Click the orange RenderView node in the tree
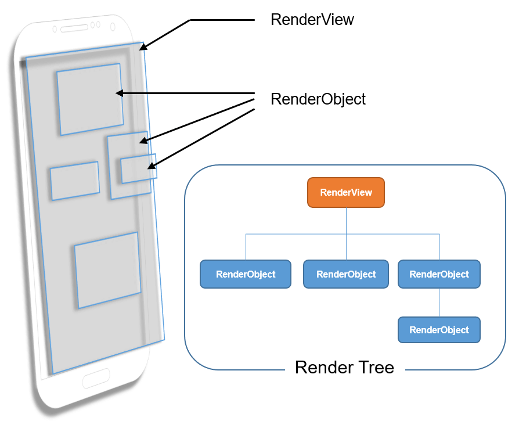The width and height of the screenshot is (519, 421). tap(346, 192)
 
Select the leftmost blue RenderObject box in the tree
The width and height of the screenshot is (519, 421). tap(245, 274)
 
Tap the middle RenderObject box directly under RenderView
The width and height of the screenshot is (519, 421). tap(346, 274)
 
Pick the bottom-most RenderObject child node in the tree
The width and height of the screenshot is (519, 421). tap(439, 330)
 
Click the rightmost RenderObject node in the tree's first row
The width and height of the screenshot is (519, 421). tap(439, 274)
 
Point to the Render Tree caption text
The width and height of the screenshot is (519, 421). tap(344, 368)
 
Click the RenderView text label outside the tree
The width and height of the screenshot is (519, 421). tap(312, 20)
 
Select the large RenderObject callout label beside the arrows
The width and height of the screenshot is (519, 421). tap(318, 99)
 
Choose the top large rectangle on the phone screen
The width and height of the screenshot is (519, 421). tap(90, 99)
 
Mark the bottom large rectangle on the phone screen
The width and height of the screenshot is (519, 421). tap(108, 270)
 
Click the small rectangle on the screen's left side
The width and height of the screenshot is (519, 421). tap(74, 181)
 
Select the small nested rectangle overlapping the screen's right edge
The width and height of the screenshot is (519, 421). tap(138, 169)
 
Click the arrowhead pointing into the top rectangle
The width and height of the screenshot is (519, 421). tap(118, 93)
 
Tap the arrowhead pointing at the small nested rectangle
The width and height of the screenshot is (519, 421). tap(151, 167)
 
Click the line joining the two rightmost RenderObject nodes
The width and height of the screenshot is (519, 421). tap(439, 303)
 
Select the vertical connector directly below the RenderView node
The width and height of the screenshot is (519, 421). tap(346, 221)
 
